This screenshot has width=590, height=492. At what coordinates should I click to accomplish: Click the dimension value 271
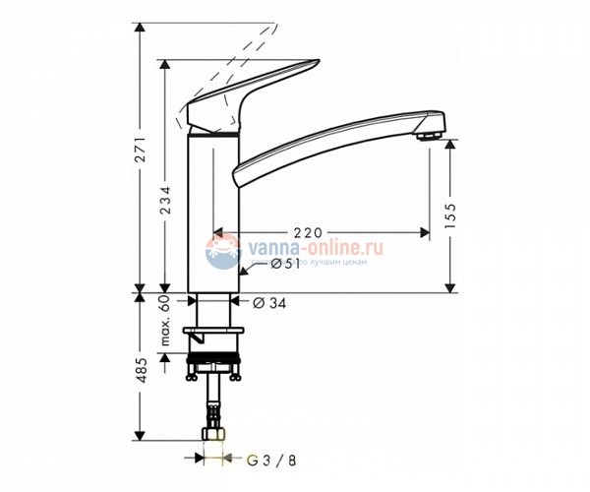[141, 149]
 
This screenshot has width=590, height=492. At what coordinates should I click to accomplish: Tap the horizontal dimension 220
[308, 233]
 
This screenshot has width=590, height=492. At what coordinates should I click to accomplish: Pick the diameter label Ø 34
[269, 303]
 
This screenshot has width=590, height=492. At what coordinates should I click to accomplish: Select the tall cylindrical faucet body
[211, 216]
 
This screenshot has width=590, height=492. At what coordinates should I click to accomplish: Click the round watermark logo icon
[222, 252]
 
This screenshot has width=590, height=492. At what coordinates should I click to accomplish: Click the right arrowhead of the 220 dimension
[425, 233]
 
